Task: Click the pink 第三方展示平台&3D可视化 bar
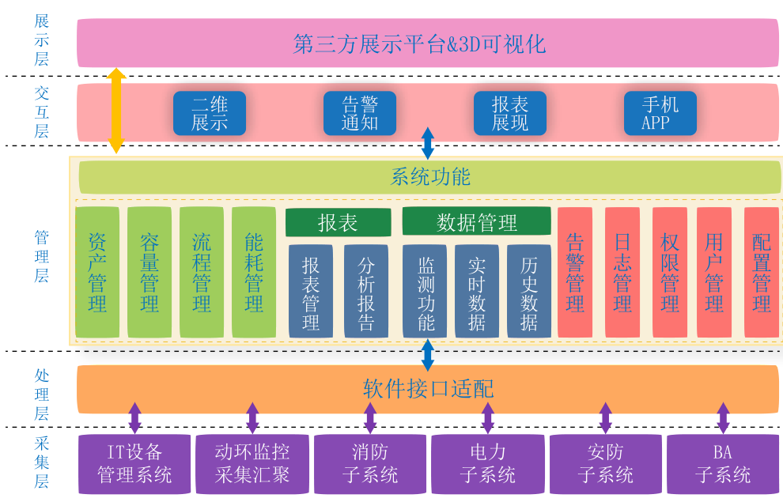click(427, 43)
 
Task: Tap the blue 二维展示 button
click(210, 113)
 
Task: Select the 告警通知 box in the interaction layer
click(360, 113)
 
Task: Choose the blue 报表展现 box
click(510, 113)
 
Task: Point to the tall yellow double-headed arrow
click(116, 110)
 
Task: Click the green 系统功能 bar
click(430, 176)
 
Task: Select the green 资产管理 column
click(97, 272)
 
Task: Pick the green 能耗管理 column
click(254, 272)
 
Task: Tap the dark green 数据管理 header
click(477, 222)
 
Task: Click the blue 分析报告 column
click(366, 291)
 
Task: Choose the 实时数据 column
click(477, 291)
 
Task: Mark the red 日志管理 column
click(622, 272)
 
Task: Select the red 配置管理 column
click(762, 272)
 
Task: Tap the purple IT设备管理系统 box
click(134, 463)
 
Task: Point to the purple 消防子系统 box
click(370, 463)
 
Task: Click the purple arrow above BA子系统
click(723, 417)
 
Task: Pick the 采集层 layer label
click(41, 462)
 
